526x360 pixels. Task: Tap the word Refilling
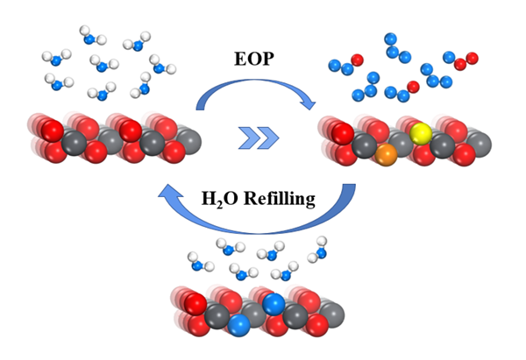(x=280, y=199)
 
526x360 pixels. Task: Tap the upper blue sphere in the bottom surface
(x=274, y=303)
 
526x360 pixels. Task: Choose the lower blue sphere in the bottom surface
(x=238, y=326)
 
